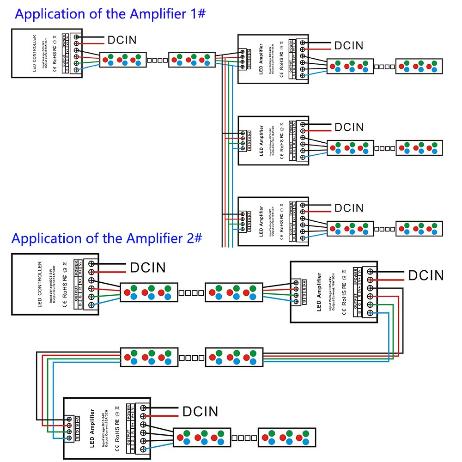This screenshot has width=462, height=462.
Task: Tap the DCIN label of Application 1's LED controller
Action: point(122,40)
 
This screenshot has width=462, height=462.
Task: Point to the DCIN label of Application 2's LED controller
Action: point(147,267)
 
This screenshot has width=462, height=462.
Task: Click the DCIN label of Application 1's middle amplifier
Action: point(349,127)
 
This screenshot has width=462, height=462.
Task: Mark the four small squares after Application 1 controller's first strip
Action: point(158,60)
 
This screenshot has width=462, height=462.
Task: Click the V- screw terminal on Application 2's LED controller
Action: point(92,263)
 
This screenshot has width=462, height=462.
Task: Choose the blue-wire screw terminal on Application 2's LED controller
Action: point(92,305)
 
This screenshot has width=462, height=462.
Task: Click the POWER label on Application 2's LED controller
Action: point(77,267)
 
